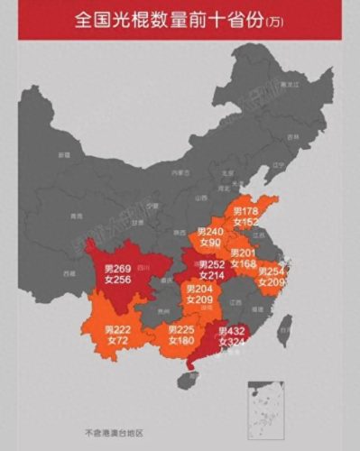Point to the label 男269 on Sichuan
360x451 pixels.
click(118, 269)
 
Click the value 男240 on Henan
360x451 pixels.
click(211, 232)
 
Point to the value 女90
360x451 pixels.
click(211, 244)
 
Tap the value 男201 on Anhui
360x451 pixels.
click(243, 253)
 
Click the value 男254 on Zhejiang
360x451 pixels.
click(272, 272)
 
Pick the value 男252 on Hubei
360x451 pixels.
click(212, 264)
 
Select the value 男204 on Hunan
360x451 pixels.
click(199, 290)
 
